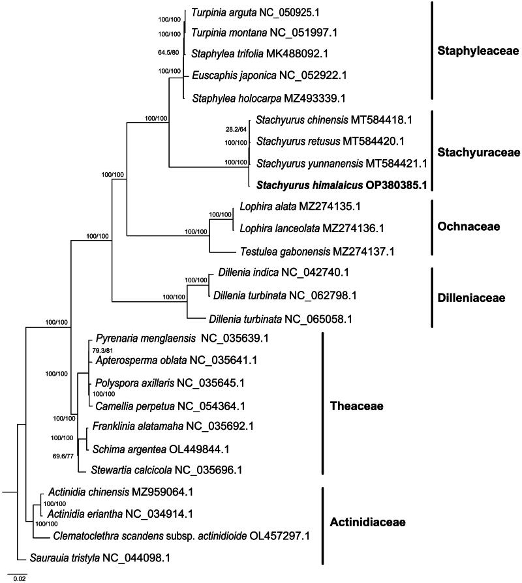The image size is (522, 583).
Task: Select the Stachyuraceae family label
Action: click(482, 152)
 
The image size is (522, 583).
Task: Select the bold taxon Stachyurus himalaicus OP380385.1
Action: click(341, 185)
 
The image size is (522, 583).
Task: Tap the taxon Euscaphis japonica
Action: click(269, 75)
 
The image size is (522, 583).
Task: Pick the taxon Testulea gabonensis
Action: click(303, 250)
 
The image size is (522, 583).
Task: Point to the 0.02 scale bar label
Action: click(20, 577)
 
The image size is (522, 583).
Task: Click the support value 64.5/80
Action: click(169, 54)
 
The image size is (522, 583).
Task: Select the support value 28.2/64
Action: click(236, 129)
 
